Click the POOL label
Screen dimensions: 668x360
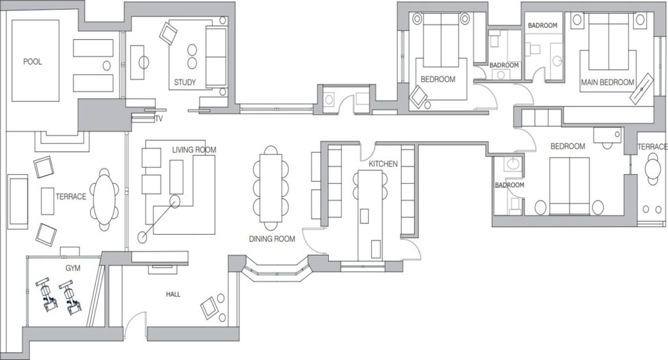point(33,62)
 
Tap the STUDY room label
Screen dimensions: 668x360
point(185,82)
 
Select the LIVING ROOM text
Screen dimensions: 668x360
point(194,150)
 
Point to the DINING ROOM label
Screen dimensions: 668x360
point(272,239)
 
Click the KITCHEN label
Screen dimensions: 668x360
point(383,164)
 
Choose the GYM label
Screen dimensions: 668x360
point(73,268)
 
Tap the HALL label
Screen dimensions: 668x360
point(173,294)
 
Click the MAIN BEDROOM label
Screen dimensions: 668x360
point(607,82)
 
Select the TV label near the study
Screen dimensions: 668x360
point(159,119)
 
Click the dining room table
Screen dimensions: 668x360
point(271,188)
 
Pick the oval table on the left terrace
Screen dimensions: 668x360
point(104,200)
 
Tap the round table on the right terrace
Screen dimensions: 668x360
point(652,169)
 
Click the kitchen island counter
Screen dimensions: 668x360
point(370,215)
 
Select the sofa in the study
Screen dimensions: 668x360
point(217,57)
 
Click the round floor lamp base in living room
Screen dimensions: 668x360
point(142,237)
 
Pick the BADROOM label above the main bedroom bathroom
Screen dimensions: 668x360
point(542,25)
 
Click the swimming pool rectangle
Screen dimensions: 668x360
point(35,61)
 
